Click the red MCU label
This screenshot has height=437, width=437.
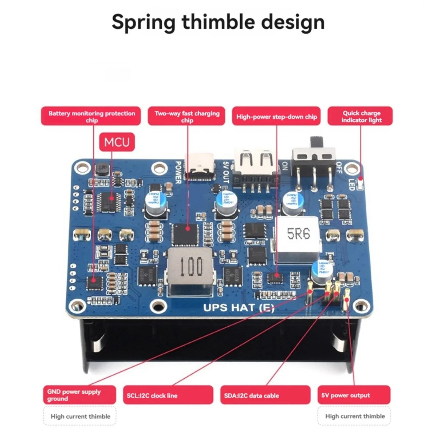click(x=117, y=142)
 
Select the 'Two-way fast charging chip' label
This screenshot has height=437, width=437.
click(x=187, y=116)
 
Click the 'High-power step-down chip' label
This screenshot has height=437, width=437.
click(x=276, y=117)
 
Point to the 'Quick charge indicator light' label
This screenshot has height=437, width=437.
click(x=361, y=116)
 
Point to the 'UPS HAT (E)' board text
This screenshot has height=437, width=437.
click(x=239, y=308)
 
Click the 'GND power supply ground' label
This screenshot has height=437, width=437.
click(x=79, y=395)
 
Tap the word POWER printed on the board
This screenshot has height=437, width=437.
click(x=178, y=172)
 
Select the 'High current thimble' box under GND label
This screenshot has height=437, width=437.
click(x=80, y=416)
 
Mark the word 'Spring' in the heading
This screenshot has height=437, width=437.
click(x=143, y=23)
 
